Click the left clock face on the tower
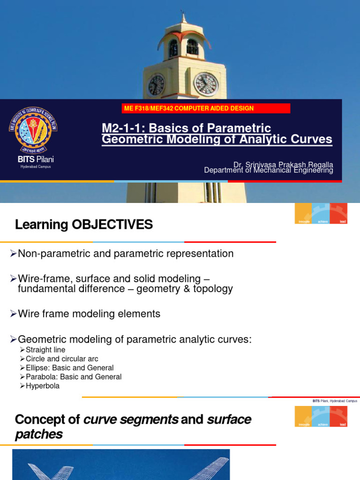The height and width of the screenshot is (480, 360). pos(156,85)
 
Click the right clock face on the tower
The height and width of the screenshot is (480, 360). pos(206,84)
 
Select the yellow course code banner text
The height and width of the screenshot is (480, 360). pos(188,108)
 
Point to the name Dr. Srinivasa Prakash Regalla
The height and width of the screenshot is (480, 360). pos(283,165)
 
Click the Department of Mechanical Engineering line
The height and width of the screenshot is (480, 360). pos(269,171)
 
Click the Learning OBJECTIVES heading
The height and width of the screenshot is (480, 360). pos(84,225)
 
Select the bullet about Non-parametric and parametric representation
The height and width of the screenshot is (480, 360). pos(125,254)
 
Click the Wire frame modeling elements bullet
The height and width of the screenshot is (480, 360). pos(89,314)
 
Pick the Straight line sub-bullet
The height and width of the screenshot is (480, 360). pos(45,350)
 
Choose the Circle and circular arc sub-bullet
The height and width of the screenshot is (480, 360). pos(62,359)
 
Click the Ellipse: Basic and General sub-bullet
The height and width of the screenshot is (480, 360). pos(69,367)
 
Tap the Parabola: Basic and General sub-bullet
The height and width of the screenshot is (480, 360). pos(74,376)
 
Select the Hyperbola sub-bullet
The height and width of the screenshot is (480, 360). pos(43,386)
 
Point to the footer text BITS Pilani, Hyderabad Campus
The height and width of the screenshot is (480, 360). pos(335,401)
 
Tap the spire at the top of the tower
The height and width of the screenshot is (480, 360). pos(184,17)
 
